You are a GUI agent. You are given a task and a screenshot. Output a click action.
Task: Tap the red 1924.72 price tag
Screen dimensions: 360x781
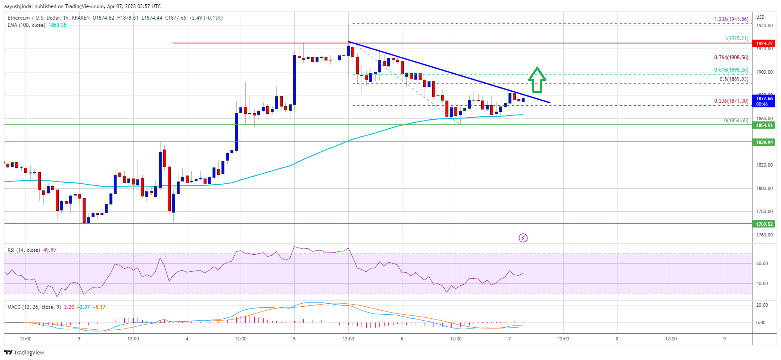764,43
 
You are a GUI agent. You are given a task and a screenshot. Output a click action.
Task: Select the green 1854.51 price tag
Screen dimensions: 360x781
764,125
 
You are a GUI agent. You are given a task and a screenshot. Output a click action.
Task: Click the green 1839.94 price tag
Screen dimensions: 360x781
764,142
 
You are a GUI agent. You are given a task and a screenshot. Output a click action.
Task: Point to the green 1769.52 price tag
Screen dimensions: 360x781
764,224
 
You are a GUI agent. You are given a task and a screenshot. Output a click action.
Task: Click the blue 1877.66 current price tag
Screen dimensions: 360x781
764,101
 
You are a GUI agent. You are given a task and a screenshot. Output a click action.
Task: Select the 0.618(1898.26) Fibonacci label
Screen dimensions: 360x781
731,70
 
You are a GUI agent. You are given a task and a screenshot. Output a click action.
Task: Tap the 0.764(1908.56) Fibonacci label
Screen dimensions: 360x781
731,58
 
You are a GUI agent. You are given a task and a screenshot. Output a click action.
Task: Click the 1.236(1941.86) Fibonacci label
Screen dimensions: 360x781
731,19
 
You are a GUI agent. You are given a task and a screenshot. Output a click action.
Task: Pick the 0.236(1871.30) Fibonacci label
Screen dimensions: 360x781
731,101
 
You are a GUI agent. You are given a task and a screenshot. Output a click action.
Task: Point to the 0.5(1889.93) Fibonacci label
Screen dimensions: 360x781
733,79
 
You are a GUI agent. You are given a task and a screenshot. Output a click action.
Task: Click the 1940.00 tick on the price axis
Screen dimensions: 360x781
764,26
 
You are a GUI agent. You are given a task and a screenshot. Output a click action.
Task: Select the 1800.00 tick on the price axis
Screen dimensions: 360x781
764,188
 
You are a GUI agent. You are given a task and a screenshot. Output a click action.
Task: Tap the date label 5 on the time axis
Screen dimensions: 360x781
294,339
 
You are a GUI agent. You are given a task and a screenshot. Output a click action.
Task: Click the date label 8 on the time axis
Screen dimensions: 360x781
617,339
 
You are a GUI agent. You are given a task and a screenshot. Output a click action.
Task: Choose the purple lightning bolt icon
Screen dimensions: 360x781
523,238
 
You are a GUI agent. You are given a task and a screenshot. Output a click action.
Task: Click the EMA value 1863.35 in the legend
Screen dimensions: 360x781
57,25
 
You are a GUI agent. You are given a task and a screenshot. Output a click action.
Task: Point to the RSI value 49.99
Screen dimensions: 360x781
49,250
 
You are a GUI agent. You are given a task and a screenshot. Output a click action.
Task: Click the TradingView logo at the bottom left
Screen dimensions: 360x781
24,352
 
